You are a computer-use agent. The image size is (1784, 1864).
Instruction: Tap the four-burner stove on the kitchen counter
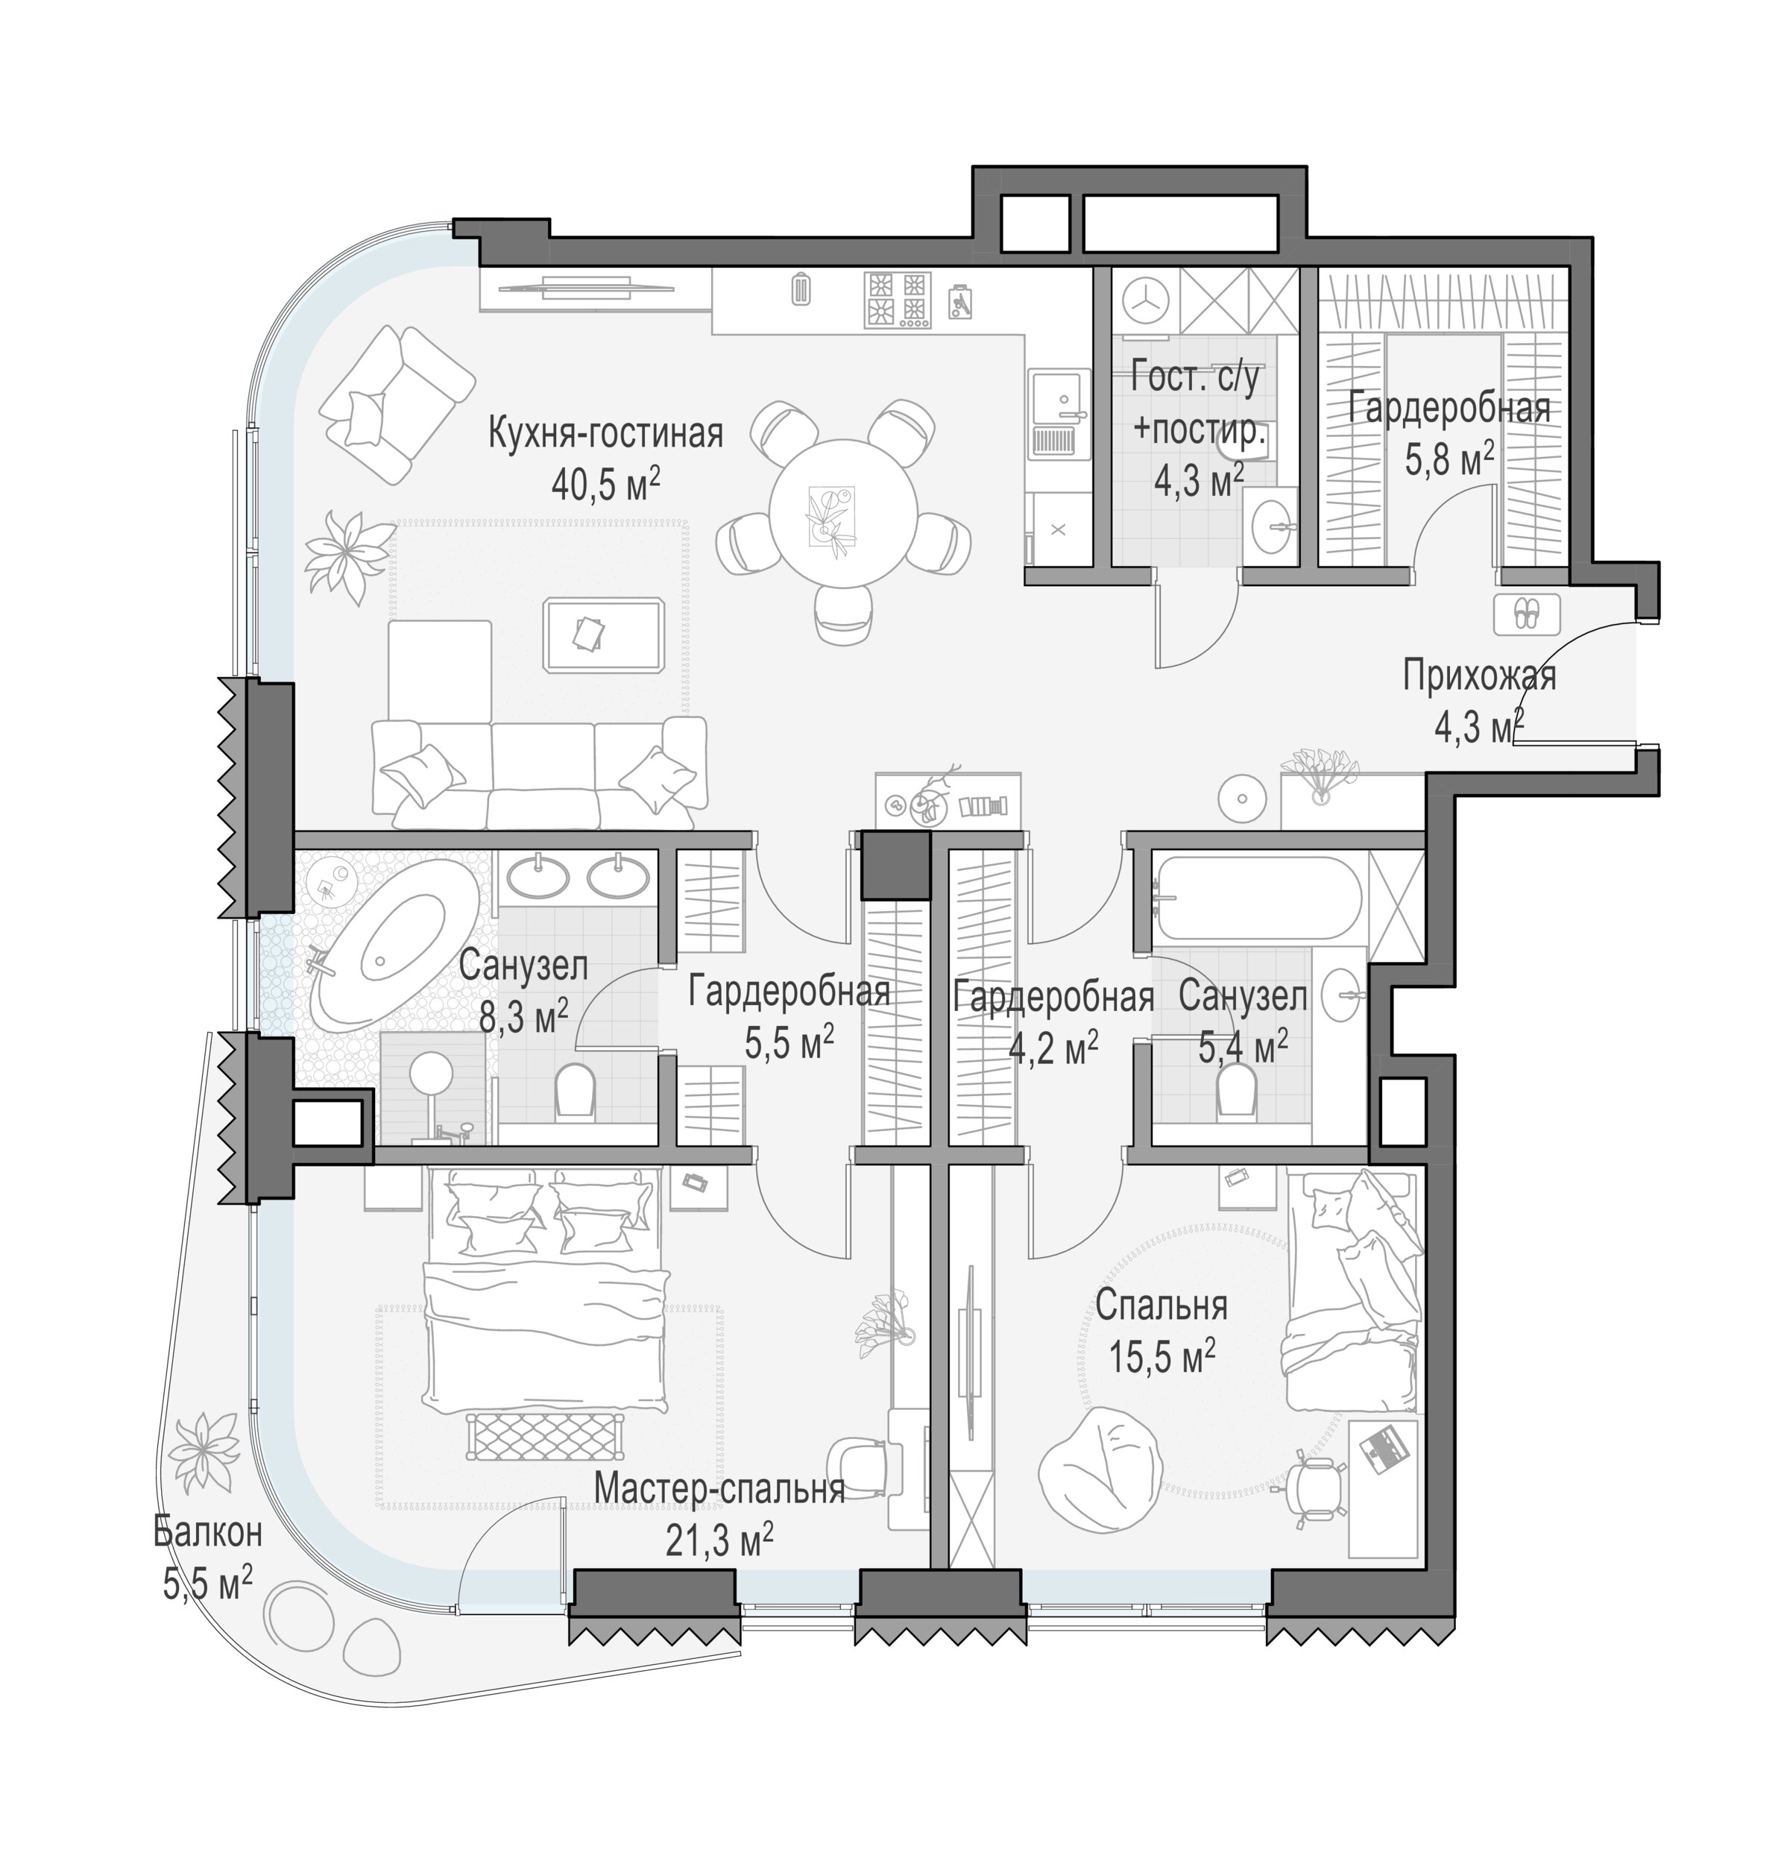point(897,300)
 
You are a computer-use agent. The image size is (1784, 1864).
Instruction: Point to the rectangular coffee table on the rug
point(603,635)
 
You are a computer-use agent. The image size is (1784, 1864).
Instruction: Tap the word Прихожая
point(1480,677)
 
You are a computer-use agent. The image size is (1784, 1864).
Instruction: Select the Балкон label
point(207,1533)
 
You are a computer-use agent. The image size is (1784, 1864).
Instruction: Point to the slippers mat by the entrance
point(1526,614)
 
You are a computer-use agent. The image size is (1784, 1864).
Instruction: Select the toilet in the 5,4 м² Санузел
point(1238,1087)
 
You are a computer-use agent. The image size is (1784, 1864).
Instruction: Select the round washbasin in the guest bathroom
point(1269,521)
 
